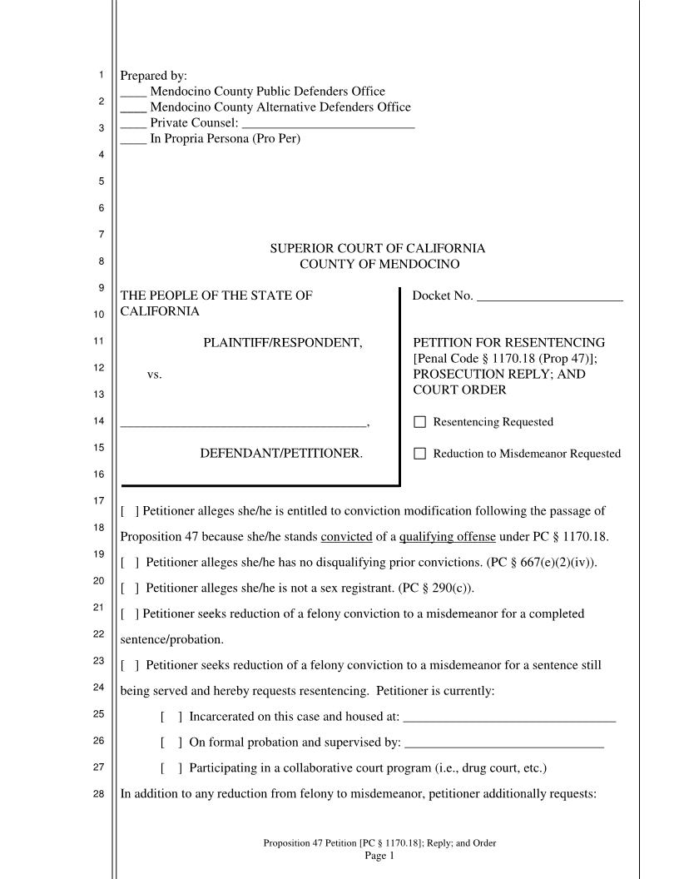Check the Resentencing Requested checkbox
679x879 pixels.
[419, 422]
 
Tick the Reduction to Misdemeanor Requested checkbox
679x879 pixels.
[419, 454]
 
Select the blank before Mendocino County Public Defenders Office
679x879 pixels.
[133, 92]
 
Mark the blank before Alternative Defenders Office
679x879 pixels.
[133, 108]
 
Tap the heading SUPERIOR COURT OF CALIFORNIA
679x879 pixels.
[377, 249]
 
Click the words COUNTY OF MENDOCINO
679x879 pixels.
[379, 265]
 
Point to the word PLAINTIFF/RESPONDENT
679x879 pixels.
[283, 343]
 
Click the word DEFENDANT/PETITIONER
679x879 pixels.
[281, 454]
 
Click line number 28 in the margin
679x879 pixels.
[98, 794]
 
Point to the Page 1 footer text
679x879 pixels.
[379, 855]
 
